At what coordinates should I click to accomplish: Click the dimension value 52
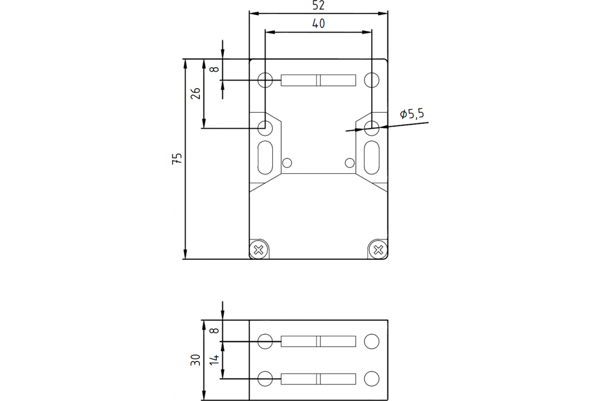click(319, 6)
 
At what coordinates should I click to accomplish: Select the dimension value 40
click(319, 23)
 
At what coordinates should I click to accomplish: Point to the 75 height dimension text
click(176, 158)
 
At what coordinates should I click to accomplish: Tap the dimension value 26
click(196, 93)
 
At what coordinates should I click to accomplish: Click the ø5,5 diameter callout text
click(412, 114)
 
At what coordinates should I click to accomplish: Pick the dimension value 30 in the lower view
click(196, 359)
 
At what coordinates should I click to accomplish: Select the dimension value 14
click(214, 359)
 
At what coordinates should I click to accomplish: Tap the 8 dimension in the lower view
click(214, 331)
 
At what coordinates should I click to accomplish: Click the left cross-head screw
click(259, 249)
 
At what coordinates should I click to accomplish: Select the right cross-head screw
click(378, 249)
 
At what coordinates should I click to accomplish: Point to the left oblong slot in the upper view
click(265, 157)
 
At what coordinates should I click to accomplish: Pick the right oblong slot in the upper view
click(372, 157)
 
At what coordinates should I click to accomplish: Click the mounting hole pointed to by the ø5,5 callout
click(372, 128)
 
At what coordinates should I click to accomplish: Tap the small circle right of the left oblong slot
click(287, 163)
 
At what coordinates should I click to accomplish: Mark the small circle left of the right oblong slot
click(350, 163)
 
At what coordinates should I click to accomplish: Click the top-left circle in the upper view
click(265, 80)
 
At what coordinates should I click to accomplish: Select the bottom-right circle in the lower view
click(372, 378)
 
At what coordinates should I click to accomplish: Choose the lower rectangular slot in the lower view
click(319, 378)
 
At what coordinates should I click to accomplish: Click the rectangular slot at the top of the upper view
click(319, 80)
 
